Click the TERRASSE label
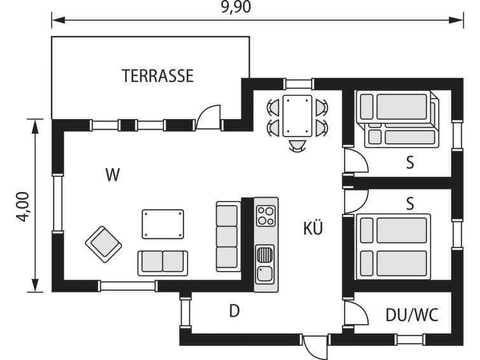click(158, 76)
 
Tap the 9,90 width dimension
click(236, 7)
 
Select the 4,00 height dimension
click(23, 207)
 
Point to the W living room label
click(113, 175)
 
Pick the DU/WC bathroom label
click(412, 315)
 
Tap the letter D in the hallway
click(234, 311)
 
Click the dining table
click(298, 116)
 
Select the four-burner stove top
click(265, 216)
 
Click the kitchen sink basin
click(265, 273)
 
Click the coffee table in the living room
click(163, 224)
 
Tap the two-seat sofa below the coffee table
click(163, 263)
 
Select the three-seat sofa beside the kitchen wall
click(228, 237)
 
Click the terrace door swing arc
click(208, 117)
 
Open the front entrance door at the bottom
click(315, 348)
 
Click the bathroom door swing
click(356, 312)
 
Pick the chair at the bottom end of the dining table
click(298, 146)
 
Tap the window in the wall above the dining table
click(298, 84)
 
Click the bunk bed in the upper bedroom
click(399, 120)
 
